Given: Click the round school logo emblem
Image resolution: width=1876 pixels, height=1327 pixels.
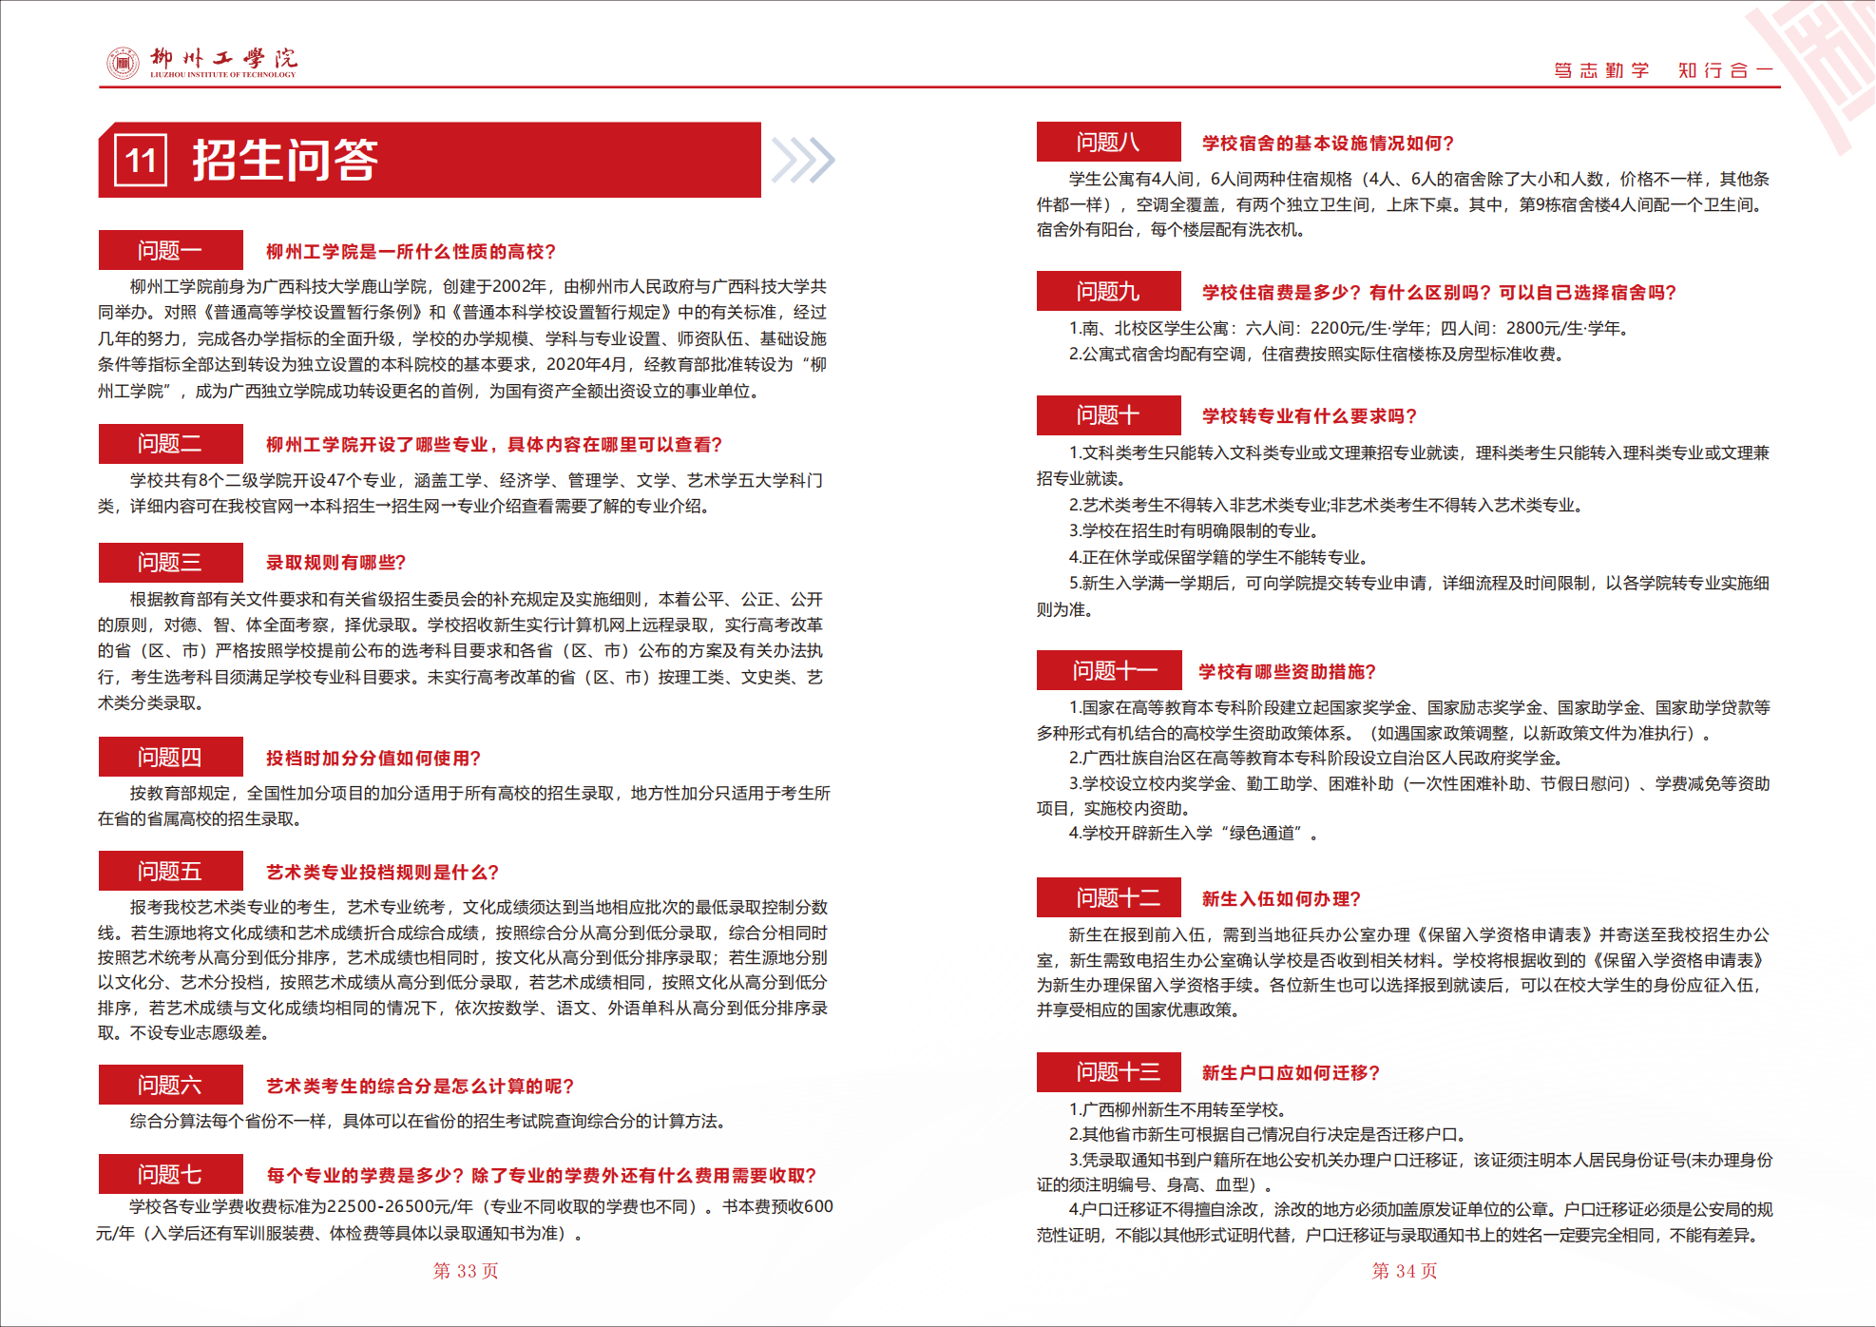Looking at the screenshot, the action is click(123, 63).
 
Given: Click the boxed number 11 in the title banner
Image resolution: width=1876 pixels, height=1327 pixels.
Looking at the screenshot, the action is click(141, 160).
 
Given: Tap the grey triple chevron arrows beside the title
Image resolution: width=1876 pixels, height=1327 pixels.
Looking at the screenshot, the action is click(802, 160).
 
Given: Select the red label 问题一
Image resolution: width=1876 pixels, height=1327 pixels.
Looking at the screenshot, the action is click(170, 251).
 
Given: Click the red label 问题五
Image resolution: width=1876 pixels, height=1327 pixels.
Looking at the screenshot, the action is click(170, 872).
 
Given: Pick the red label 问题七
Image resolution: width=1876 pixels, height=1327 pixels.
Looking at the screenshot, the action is click(170, 1175).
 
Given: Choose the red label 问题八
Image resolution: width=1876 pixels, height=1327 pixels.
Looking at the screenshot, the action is click(1108, 143).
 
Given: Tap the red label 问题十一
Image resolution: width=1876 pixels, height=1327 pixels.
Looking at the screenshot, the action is click(1109, 671).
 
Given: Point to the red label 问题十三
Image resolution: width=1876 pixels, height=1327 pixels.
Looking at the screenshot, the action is click(1109, 1072).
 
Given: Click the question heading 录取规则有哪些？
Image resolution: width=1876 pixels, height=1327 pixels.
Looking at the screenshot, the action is click(335, 563).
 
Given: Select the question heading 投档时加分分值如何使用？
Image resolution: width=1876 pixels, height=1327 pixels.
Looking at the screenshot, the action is click(373, 758).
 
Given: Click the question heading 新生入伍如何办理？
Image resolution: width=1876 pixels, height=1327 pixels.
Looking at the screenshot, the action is click(1281, 899).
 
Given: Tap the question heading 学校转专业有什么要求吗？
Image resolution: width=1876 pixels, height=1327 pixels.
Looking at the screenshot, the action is click(1310, 416).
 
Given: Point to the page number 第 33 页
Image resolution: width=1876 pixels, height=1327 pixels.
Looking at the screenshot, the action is click(466, 1271).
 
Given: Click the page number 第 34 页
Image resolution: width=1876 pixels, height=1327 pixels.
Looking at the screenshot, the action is click(1405, 1271).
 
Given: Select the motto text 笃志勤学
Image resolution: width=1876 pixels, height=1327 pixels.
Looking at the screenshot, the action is click(1601, 70).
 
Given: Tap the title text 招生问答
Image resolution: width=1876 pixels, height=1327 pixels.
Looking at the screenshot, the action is click(285, 160).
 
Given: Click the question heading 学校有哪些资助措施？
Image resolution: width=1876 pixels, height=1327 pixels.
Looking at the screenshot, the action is click(1288, 672).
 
